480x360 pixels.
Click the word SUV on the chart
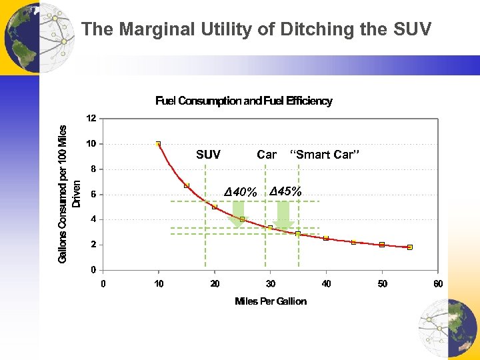click(208, 155)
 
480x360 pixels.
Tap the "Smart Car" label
click(325, 155)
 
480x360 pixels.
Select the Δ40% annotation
click(240, 193)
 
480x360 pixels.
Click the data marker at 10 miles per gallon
click(158, 143)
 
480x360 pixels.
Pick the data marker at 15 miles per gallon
click(187, 185)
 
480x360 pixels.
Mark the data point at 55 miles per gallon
click(410, 247)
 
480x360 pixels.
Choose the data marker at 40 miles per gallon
click(326, 238)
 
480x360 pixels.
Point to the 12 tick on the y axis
click(91, 118)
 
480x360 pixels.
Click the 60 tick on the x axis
click(438, 285)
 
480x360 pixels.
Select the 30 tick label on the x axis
click(270, 285)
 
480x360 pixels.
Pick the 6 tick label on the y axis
click(93, 194)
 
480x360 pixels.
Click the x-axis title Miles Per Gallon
click(271, 301)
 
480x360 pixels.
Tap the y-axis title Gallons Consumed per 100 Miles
click(63, 193)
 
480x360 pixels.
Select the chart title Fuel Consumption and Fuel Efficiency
click(244, 101)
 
